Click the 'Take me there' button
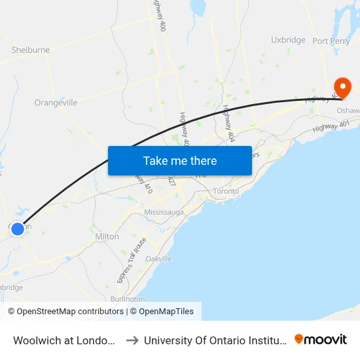[x=180, y=160]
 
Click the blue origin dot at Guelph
[x=18, y=228]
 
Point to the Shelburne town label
[x=31, y=50]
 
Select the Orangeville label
[x=56, y=103]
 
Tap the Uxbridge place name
[x=288, y=40]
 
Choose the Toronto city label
[x=227, y=191]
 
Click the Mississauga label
[x=165, y=213]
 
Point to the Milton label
[x=107, y=236]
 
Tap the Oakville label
[x=158, y=259]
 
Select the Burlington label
[x=128, y=298]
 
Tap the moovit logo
[x=321, y=339]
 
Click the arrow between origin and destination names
[x=132, y=340]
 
